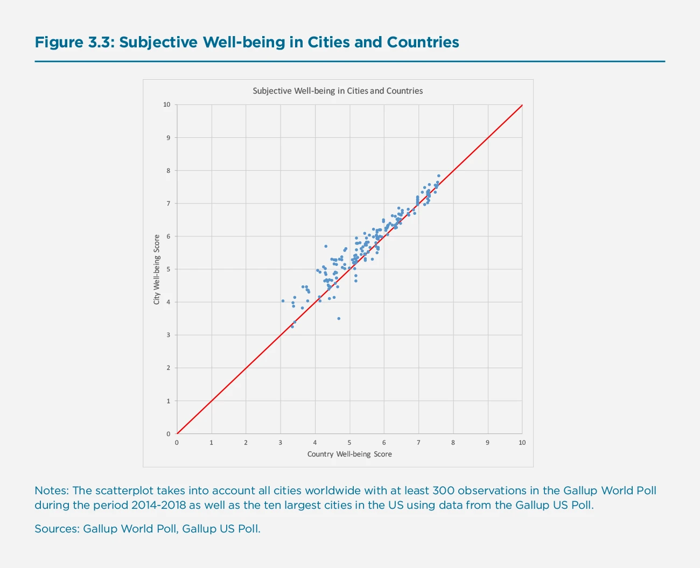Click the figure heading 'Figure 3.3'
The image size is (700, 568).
73,43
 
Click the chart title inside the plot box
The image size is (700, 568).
338,91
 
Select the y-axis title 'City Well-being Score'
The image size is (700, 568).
157,269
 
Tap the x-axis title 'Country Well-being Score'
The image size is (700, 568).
349,454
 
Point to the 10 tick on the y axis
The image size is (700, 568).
167,104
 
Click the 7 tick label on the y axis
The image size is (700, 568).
168,204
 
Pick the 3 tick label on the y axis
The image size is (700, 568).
168,335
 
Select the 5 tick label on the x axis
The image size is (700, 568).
349,443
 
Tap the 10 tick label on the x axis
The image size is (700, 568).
522,443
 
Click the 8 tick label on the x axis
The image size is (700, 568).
453,443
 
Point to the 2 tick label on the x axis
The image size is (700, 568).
246,443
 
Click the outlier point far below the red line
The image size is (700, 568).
339,319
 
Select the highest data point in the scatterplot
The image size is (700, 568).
439,176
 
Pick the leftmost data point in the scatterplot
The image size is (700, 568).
283,301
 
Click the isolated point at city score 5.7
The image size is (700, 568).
326,246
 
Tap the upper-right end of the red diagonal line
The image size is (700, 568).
522,106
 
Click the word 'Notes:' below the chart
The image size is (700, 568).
52,490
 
